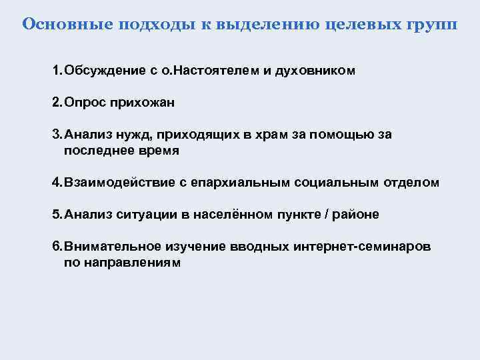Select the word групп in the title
pyautogui.click(x=433, y=25)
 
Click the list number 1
pyautogui.click(x=56, y=70)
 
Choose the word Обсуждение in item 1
pyautogui.click(x=100, y=70)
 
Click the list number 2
pyautogui.click(x=56, y=103)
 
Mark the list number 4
pyautogui.click(x=56, y=182)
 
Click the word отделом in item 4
pyautogui.click(x=411, y=182)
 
